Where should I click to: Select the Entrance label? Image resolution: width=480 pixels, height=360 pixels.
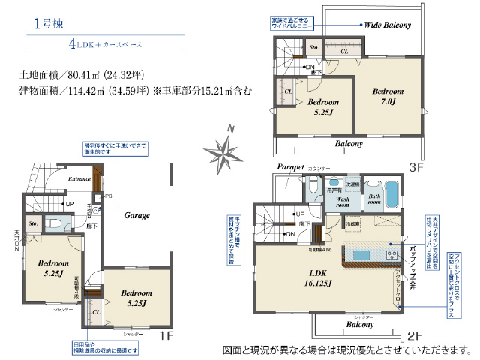tap(79, 179)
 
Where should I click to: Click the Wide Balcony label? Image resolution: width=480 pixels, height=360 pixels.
tap(388, 25)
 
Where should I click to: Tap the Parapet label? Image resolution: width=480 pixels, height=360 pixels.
tap(289, 166)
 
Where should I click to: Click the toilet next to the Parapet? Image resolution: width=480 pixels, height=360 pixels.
tap(316, 187)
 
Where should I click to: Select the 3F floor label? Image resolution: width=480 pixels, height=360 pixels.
tap(416, 166)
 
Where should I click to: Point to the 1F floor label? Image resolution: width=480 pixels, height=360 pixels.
tap(166, 336)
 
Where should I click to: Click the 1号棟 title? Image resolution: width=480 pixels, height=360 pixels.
tap(48, 23)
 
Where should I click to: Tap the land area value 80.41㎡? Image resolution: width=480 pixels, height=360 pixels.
tap(81, 75)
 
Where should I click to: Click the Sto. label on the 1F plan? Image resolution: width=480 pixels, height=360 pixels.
tap(33, 223)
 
